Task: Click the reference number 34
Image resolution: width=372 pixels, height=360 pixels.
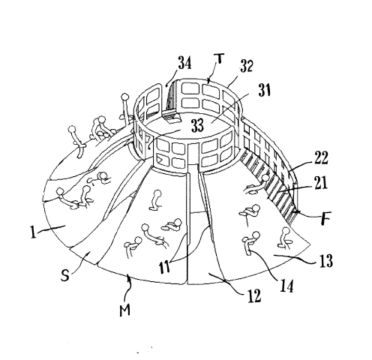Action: [185, 63]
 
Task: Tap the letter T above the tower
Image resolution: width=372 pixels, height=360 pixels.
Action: [218, 60]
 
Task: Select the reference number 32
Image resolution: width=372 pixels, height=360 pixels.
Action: [247, 66]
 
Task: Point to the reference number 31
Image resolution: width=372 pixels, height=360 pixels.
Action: [265, 90]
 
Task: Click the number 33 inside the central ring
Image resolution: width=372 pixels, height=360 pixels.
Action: [198, 125]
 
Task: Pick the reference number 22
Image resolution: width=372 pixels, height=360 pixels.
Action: [321, 157]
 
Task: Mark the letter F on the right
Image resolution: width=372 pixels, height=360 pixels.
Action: [326, 218]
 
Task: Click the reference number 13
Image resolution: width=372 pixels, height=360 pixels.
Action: [326, 261]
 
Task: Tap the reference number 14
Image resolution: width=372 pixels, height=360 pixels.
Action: [286, 286]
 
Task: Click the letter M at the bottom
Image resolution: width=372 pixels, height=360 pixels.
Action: [124, 310]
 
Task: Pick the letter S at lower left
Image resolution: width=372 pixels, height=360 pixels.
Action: [64, 276]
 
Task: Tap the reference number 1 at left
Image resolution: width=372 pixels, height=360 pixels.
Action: [33, 232]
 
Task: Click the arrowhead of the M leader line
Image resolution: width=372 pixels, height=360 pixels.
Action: [129, 277]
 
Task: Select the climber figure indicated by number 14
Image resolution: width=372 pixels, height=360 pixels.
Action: [250, 242]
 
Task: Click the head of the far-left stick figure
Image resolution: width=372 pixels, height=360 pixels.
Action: [73, 129]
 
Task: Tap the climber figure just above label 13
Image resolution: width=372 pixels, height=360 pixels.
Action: [285, 238]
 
